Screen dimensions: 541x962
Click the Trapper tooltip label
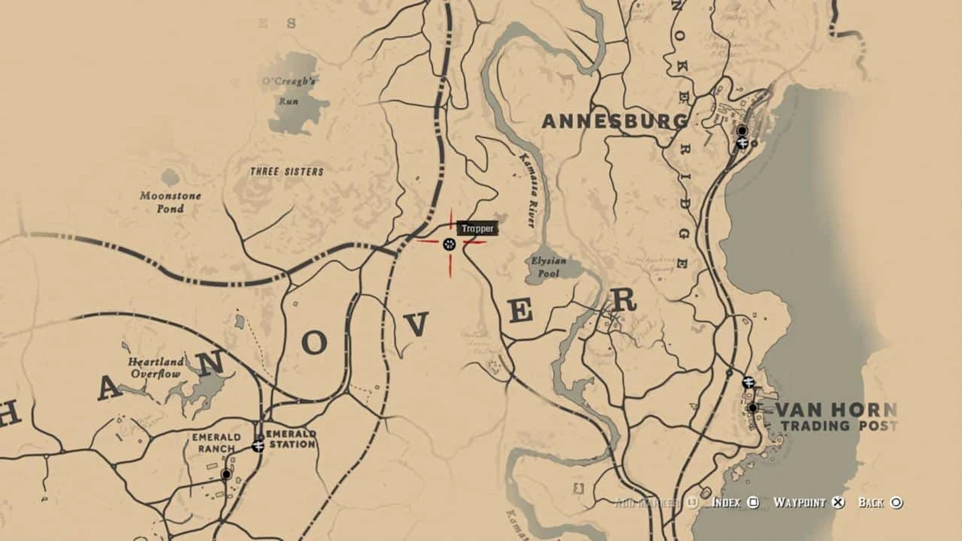click(479, 228)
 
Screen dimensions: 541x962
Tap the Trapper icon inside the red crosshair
click(449, 244)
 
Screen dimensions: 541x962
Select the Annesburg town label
click(615, 121)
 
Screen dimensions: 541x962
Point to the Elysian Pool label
click(548, 266)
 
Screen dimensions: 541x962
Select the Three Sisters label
click(286, 172)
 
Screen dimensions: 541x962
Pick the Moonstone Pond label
click(171, 202)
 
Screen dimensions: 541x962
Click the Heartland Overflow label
click(156, 367)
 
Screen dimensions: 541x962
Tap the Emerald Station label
click(293, 438)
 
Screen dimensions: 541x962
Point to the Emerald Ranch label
click(212, 442)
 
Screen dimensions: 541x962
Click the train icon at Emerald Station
click(258, 446)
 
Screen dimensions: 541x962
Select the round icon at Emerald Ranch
click(226, 474)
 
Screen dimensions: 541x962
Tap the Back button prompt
click(880, 503)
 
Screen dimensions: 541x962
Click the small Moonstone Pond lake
click(170, 176)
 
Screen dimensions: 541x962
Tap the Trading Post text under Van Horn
click(838, 426)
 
